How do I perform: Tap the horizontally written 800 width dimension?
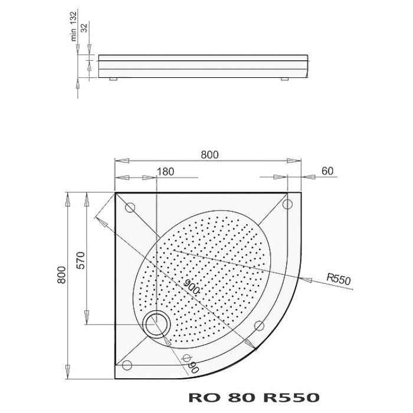pyautogui.click(x=209, y=155)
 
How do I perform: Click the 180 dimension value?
pyautogui.click(x=166, y=172)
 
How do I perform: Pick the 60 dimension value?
pyautogui.click(x=328, y=171)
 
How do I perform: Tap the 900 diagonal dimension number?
pyautogui.click(x=190, y=287)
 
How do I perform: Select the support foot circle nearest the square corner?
pyautogui.click(x=130, y=207)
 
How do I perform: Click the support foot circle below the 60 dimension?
pyautogui.click(x=288, y=204)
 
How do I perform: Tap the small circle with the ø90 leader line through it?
pyautogui.click(x=185, y=358)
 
